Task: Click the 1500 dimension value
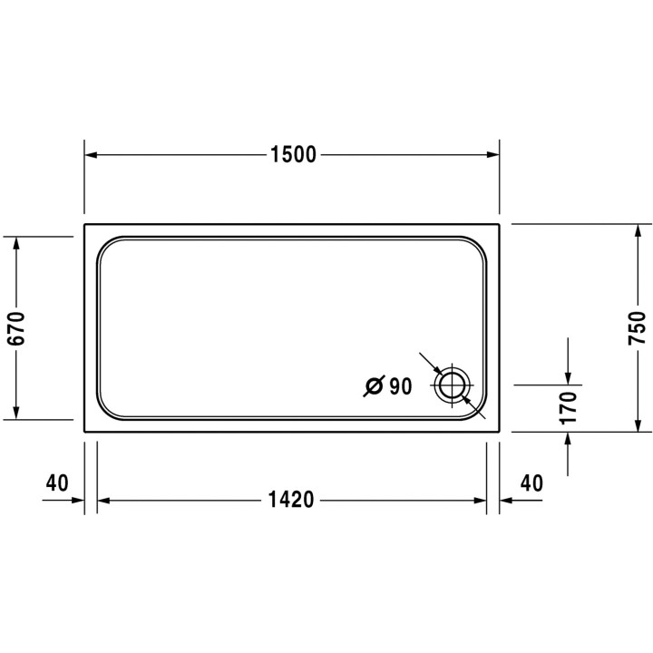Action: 292,155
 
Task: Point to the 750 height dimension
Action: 637,328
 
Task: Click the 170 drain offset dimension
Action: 569,408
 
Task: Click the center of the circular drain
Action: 452,386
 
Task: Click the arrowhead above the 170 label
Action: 569,378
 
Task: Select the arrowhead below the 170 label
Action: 569,438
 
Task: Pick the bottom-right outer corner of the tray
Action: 499,432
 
